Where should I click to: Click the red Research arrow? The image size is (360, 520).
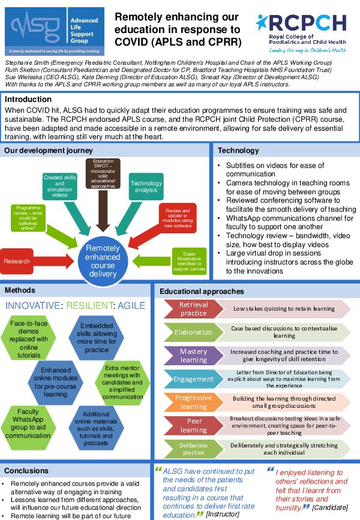[x=21, y=261]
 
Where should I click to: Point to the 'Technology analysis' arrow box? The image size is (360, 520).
[x=146, y=187]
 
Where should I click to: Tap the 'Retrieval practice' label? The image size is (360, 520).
[x=193, y=309]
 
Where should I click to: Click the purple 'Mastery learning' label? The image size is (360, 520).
[x=193, y=356]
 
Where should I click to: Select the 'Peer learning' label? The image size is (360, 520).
[x=193, y=425]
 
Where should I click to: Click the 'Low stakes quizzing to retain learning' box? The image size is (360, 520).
[x=285, y=309]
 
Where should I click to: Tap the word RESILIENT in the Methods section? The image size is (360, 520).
[x=91, y=306]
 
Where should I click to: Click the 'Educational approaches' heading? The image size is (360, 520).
[x=202, y=291]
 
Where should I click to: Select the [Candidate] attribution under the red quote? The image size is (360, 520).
[x=331, y=508]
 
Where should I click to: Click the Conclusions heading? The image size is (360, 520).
[x=26, y=471]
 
